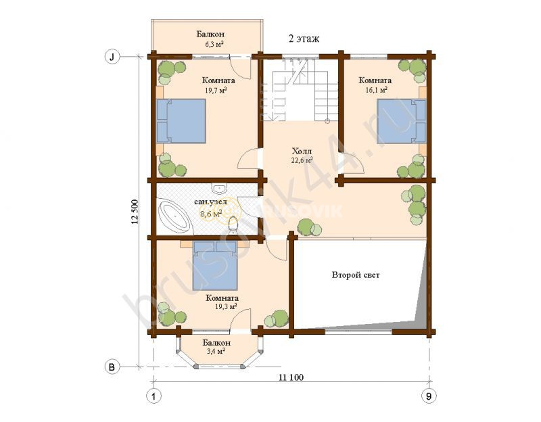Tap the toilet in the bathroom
click(x=234, y=225)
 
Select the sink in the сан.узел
click(x=219, y=189)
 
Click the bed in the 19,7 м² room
click(x=181, y=121)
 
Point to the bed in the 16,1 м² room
click(x=401, y=121)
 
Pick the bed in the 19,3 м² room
click(x=215, y=265)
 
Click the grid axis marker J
click(x=112, y=57)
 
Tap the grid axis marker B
click(x=112, y=367)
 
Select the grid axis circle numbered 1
click(x=154, y=396)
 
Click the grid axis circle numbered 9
click(x=429, y=396)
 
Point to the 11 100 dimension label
click(x=291, y=377)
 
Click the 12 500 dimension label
click(x=135, y=212)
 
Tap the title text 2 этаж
click(x=304, y=39)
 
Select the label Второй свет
click(x=356, y=275)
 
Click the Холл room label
click(x=302, y=151)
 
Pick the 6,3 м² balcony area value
click(x=214, y=44)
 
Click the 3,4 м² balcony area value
click(x=216, y=351)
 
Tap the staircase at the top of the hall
click(x=300, y=90)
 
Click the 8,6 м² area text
click(x=211, y=214)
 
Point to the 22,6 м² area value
click(x=302, y=160)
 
